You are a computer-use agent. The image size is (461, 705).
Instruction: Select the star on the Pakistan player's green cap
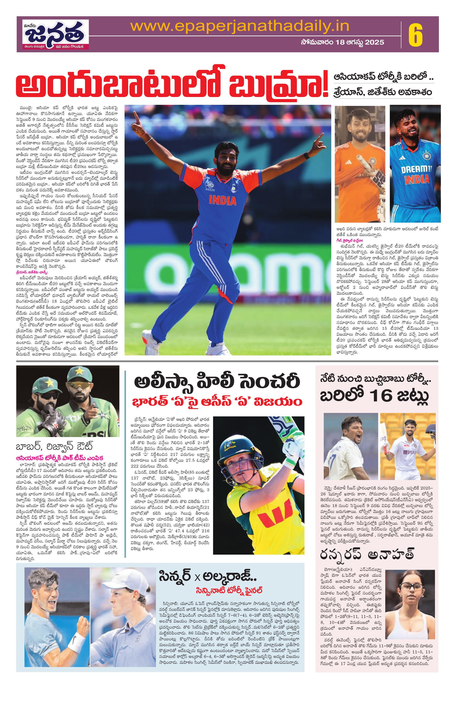tap(80, 371)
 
